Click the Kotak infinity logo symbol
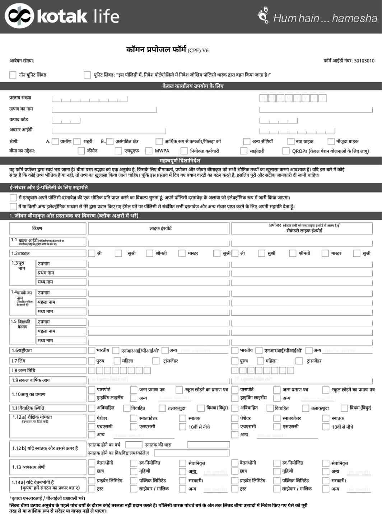click(x=19, y=16)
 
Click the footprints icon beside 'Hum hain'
click(x=264, y=15)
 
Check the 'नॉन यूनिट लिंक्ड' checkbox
click(x=13, y=75)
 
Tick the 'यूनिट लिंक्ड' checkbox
click(x=87, y=75)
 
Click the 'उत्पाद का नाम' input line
click(x=104, y=109)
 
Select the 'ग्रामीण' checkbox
click(x=55, y=141)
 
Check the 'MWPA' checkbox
click(x=149, y=151)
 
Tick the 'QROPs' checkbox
click(x=286, y=151)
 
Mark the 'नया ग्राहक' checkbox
click(x=291, y=141)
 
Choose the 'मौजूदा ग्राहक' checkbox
click(x=331, y=141)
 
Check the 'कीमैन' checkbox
click(x=81, y=151)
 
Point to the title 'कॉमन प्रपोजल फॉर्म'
click(x=156, y=50)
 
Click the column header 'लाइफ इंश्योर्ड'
click(x=160, y=228)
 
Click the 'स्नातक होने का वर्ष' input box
click(x=134, y=445)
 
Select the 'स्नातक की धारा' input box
click(x=208, y=445)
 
